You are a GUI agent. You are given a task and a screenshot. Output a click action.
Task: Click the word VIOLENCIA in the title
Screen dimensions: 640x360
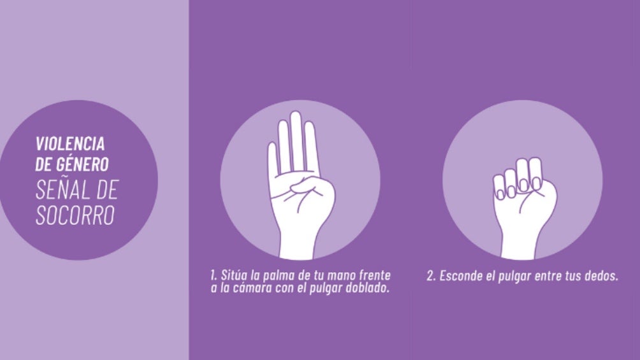69,143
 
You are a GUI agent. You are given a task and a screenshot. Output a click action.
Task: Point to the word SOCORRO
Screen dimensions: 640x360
75,215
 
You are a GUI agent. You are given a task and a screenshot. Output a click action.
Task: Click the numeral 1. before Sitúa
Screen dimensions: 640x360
214,275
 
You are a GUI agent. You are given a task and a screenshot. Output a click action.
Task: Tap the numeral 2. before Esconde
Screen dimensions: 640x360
432,276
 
